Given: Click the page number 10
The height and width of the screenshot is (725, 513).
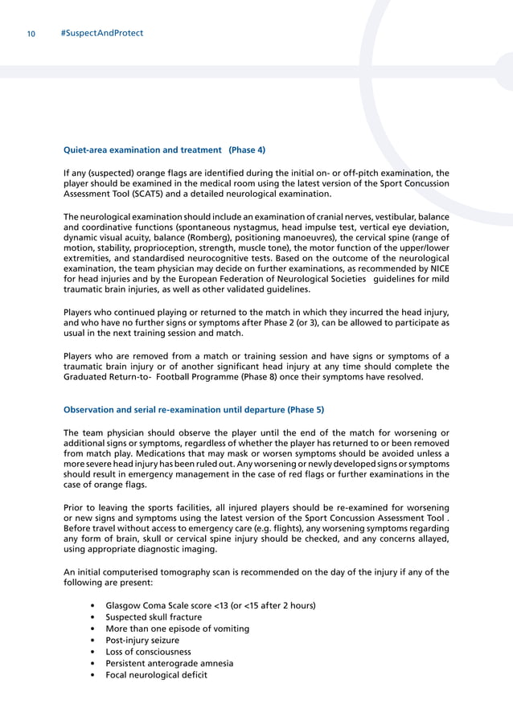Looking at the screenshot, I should [x=30, y=34].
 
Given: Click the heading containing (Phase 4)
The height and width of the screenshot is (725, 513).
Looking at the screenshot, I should [x=164, y=150].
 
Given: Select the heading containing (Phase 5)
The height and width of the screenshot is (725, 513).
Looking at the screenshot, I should [x=193, y=409].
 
